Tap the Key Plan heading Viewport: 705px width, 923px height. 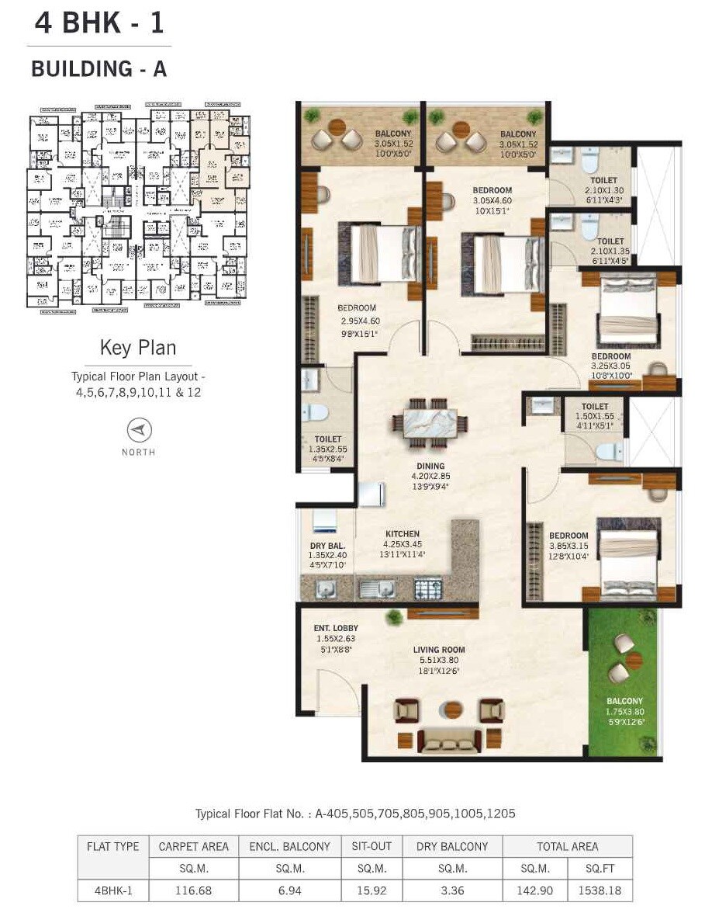(138, 347)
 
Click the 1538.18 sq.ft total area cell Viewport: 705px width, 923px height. (600, 890)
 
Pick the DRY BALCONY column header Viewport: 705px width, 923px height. (451, 846)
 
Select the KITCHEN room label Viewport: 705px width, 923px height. (403, 534)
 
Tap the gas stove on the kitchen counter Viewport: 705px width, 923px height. (428, 588)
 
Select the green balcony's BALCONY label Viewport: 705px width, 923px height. (624, 701)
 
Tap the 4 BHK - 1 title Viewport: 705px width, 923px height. (99, 23)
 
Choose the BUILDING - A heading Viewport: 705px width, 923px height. (98, 69)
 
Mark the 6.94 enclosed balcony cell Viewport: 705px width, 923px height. (289, 890)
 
